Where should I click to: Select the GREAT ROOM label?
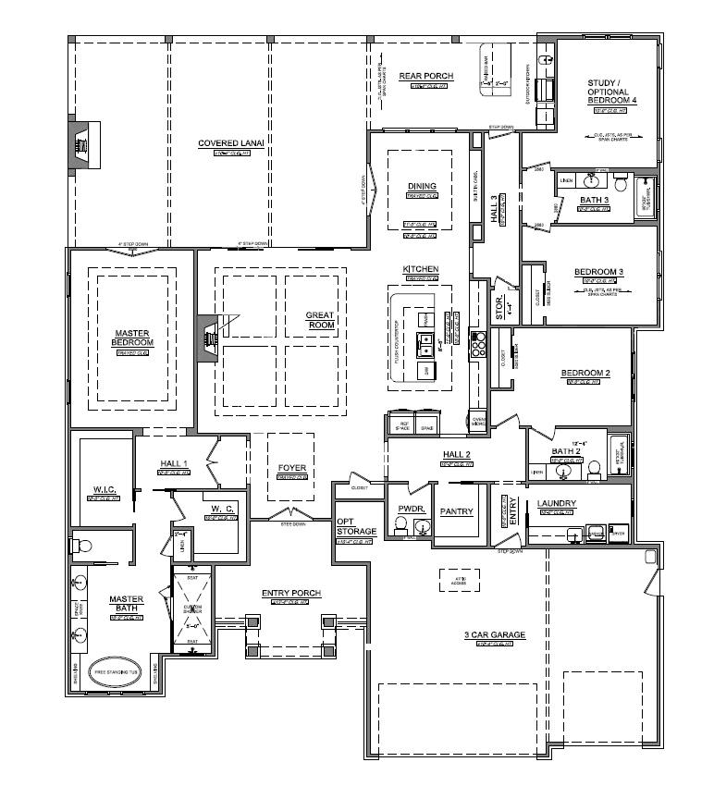click(x=319, y=320)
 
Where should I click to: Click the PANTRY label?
click(x=457, y=510)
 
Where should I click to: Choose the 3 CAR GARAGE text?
click(x=495, y=635)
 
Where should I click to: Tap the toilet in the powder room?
click(x=400, y=525)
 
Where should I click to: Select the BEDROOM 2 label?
click(x=585, y=374)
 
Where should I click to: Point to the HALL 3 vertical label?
click(x=495, y=210)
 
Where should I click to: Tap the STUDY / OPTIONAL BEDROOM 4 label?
click(x=608, y=92)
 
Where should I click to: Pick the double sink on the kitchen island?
click(x=426, y=344)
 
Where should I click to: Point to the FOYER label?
click(x=291, y=468)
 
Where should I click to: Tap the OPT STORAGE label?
click(x=356, y=526)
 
